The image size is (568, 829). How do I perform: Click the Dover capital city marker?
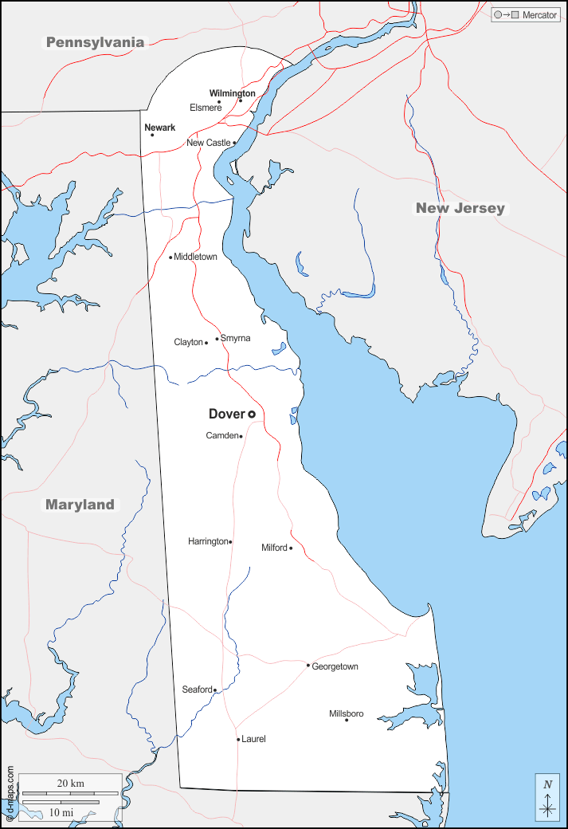tap(252, 414)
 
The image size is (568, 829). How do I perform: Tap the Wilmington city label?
tap(232, 93)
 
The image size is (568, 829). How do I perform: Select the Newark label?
tap(159, 128)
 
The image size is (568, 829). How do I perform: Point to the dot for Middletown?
tap(170, 257)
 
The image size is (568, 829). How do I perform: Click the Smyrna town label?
tap(235, 338)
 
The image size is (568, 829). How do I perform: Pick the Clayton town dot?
tap(206, 343)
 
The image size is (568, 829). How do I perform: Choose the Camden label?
tap(221, 435)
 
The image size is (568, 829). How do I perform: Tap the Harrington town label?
tap(207, 541)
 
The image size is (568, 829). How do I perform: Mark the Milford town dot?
tap(291, 548)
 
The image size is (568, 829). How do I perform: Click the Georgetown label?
tap(335, 666)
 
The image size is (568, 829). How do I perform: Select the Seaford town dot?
tap(214, 690)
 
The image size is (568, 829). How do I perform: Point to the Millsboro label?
tap(346, 713)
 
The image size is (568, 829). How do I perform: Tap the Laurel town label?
tap(253, 739)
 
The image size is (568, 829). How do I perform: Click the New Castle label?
tap(208, 143)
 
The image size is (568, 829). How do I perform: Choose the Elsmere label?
tap(206, 108)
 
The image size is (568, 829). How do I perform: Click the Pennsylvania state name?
tap(95, 42)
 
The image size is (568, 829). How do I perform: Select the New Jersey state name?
tap(460, 208)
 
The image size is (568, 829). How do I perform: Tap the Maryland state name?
tap(80, 505)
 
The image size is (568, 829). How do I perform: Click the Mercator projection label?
tap(539, 15)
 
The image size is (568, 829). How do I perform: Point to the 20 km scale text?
tap(70, 784)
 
